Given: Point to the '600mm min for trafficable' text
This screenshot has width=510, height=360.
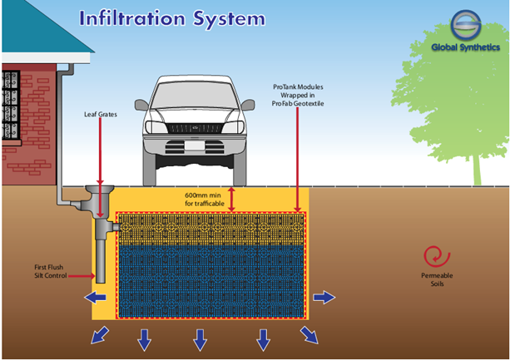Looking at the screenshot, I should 203,199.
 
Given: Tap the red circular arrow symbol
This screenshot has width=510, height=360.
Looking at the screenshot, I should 433,256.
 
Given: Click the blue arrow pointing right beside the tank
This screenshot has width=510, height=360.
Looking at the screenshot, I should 324,297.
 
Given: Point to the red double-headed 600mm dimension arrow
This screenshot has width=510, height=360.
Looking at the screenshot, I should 232,199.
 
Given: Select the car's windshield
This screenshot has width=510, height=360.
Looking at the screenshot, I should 196,93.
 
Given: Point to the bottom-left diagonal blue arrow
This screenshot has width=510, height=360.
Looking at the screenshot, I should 100,335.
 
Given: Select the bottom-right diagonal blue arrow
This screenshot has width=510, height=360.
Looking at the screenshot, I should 309,334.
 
